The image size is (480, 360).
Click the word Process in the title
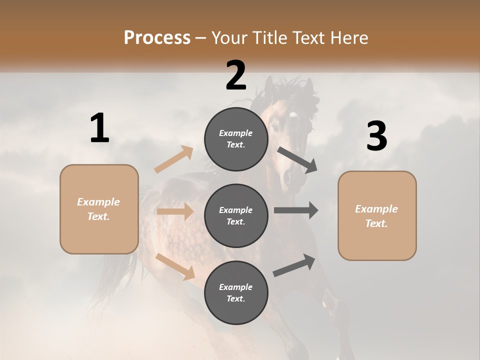pos(157,37)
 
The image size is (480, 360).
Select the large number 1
pos(99,129)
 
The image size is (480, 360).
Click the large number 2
pos(236,75)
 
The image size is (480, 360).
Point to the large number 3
pos(376,136)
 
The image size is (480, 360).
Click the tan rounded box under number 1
pos(99,209)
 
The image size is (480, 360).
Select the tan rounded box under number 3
pos(377,216)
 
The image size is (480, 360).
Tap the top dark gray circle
pos(236,139)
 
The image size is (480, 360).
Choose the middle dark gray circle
pos(236,215)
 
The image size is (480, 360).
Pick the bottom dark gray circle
pos(236,292)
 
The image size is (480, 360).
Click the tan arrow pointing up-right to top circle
pos(174,159)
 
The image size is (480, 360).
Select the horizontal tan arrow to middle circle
pos(175,211)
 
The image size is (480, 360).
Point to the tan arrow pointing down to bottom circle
pos(175,265)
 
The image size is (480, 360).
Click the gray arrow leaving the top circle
pos(297,160)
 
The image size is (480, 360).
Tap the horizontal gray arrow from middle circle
pos(296,210)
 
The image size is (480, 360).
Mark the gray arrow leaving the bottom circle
pos(294,265)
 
